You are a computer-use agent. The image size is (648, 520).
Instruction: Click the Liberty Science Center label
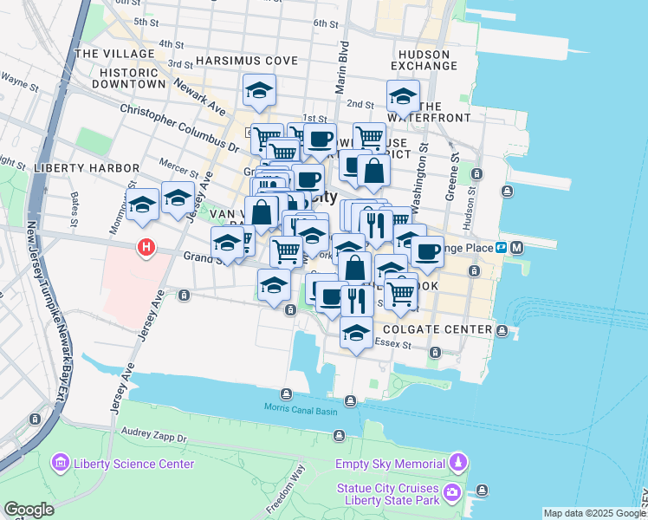[134, 464]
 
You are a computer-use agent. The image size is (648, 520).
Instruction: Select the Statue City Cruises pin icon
[452, 493]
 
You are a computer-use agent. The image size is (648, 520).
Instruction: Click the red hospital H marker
[146, 249]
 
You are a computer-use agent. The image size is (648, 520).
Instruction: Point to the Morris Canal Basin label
[301, 409]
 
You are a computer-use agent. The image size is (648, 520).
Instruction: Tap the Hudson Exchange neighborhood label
[424, 60]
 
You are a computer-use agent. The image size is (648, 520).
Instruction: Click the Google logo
[29, 510]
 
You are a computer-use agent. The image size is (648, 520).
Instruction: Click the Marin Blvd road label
[343, 62]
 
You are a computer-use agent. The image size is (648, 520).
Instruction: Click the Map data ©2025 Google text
[593, 513]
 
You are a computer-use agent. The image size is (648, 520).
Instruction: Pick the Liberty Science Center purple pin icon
[61, 464]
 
